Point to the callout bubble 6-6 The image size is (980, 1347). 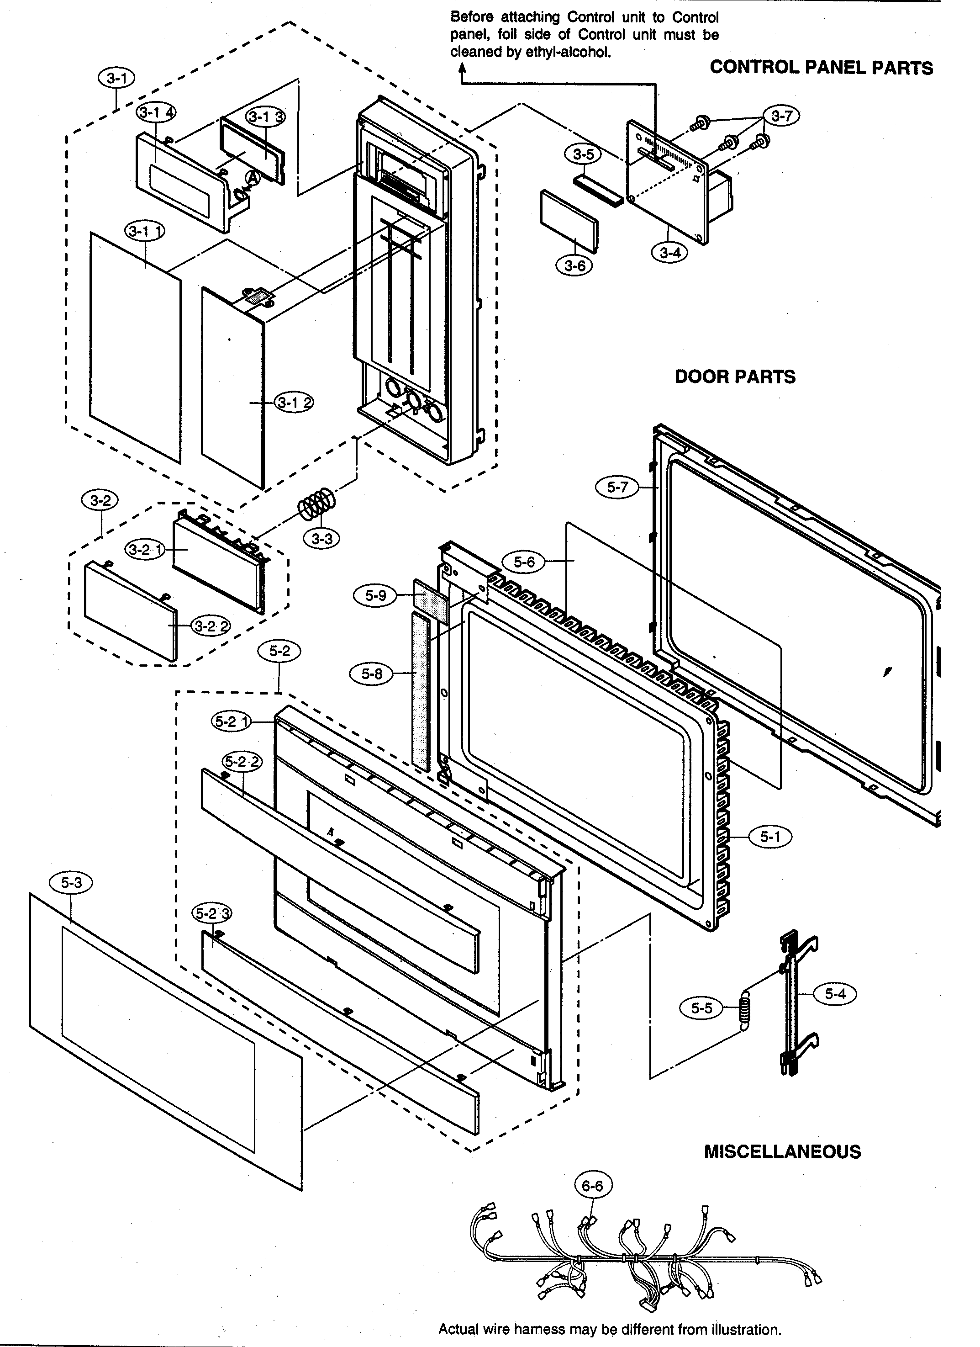click(x=592, y=1186)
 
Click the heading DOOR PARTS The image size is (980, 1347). click(x=735, y=377)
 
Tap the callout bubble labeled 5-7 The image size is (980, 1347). click(x=617, y=487)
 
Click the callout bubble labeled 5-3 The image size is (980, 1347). click(x=71, y=883)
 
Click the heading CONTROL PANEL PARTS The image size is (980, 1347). click(x=821, y=68)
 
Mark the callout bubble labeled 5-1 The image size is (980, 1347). click(x=770, y=837)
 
